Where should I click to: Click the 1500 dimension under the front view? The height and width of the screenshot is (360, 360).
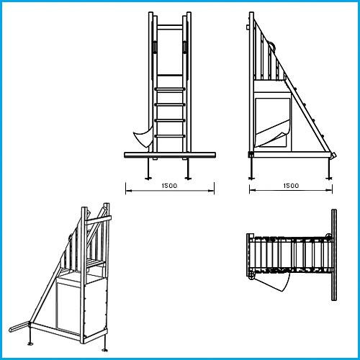coord(171,186)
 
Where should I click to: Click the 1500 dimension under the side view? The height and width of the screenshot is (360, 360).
coord(291,186)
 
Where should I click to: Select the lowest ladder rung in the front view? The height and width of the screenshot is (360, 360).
coord(169,135)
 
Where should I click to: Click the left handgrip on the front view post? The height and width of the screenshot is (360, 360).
coord(153,46)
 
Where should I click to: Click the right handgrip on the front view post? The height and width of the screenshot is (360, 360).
coord(185,46)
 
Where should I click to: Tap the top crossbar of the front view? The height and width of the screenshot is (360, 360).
coord(169,27)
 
